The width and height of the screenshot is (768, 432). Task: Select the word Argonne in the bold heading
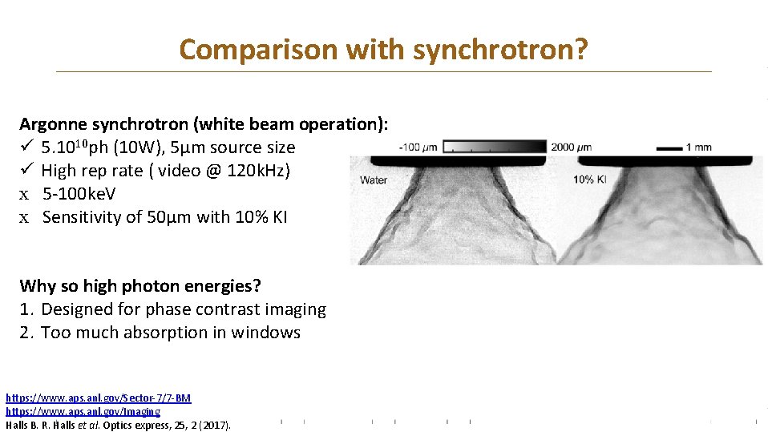tap(54, 124)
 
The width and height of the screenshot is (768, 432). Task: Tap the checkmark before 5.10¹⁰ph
tap(26, 147)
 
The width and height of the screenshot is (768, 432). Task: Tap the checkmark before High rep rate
tap(26, 171)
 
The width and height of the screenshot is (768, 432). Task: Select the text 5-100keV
tap(79, 194)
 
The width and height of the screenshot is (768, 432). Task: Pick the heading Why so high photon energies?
tap(140, 286)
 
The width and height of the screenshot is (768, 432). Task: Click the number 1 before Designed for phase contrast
tap(25, 309)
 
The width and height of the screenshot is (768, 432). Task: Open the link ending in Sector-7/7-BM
tap(99, 398)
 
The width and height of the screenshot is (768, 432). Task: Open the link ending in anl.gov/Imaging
tap(83, 411)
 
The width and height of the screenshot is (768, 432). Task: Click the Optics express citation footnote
tap(118, 425)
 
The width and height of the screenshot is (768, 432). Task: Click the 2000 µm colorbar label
tap(572, 147)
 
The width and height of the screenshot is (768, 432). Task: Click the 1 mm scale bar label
tap(698, 147)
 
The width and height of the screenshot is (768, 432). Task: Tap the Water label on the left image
tap(374, 180)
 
